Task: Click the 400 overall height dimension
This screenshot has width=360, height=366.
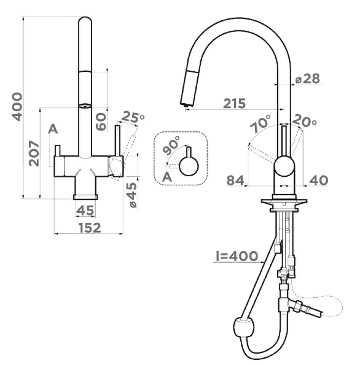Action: [x=17, y=107]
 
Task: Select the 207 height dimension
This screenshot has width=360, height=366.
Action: [x=34, y=153]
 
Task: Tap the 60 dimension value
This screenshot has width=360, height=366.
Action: [x=101, y=122]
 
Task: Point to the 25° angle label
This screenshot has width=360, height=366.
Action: [x=133, y=117]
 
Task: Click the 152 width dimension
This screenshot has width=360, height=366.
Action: [x=90, y=228]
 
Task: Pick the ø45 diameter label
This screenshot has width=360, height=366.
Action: [x=132, y=195]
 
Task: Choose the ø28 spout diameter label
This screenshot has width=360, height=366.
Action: [x=307, y=79]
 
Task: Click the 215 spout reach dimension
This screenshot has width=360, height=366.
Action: [x=235, y=103]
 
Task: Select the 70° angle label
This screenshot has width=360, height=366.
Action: [x=260, y=123]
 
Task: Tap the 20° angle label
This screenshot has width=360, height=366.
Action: [x=305, y=121]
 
